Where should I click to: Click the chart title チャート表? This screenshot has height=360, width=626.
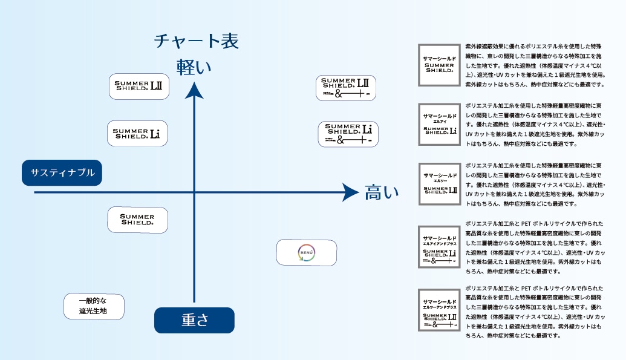pyautogui.click(x=197, y=41)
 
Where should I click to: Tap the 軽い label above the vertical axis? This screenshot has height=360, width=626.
pyautogui.click(x=194, y=67)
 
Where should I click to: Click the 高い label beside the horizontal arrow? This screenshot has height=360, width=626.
pyautogui.click(x=382, y=193)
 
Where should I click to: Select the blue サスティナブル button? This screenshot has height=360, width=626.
pyautogui.click(x=62, y=173)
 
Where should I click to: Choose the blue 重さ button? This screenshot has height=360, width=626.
pyautogui.click(x=194, y=321)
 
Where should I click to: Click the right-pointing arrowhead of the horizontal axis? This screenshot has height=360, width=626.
pyautogui.click(x=351, y=192)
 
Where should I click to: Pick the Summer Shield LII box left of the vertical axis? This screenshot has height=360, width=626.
pyautogui.click(x=139, y=87)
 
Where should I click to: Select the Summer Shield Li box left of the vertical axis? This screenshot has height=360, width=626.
pyautogui.click(x=137, y=133)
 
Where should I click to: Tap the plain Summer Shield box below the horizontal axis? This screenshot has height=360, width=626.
pyautogui.click(x=137, y=220)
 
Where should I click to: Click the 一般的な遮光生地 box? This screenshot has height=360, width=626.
pyautogui.click(x=94, y=307)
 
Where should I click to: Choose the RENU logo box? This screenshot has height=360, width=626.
pyautogui.click(x=306, y=252)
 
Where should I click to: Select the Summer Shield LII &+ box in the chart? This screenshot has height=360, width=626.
pyautogui.click(x=346, y=88)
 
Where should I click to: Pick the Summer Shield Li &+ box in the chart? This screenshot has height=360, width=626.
pyautogui.click(x=348, y=134)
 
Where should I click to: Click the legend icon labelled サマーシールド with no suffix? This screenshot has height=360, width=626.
pyautogui.click(x=440, y=65)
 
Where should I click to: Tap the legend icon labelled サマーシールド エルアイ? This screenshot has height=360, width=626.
pyautogui.click(x=440, y=125)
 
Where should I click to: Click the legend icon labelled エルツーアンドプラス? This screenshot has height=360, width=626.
pyautogui.click(x=440, y=310)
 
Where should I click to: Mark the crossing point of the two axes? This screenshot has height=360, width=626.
pyautogui.click(x=194, y=192)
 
